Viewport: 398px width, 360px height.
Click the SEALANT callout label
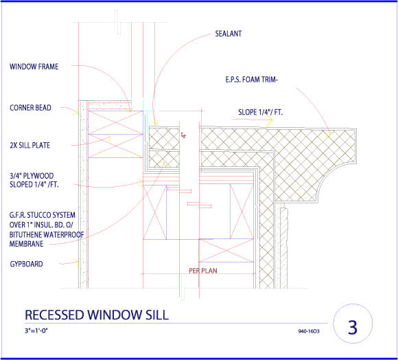pyautogui.click(x=229, y=34)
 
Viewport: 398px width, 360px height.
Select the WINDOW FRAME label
pyautogui.click(x=34, y=67)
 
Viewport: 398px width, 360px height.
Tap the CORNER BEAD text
pyautogui.click(x=30, y=108)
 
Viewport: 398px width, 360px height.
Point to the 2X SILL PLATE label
pyautogui.click(x=30, y=146)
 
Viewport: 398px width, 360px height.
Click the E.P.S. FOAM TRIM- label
pyautogui.click(x=252, y=80)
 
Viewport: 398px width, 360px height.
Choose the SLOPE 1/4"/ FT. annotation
pyautogui.click(x=261, y=112)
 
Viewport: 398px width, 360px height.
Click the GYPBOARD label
pyautogui.click(x=26, y=264)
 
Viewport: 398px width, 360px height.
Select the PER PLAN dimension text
pyautogui.click(x=203, y=271)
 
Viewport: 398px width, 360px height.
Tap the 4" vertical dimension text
pyautogui.click(x=184, y=135)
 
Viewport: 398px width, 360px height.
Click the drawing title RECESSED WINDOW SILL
pyautogui.click(x=97, y=315)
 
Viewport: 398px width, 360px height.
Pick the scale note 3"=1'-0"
pyautogui.click(x=36, y=330)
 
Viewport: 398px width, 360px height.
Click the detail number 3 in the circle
pyautogui.click(x=353, y=327)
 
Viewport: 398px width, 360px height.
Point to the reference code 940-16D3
pyautogui.click(x=309, y=331)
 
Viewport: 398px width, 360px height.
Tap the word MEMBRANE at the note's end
pyautogui.click(x=26, y=244)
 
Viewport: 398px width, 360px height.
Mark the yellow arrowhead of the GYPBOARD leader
pyautogui.click(x=76, y=262)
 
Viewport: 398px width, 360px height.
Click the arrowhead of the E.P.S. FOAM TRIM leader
pyautogui.click(x=328, y=135)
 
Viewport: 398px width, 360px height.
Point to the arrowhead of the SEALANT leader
pyautogui.click(x=155, y=122)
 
